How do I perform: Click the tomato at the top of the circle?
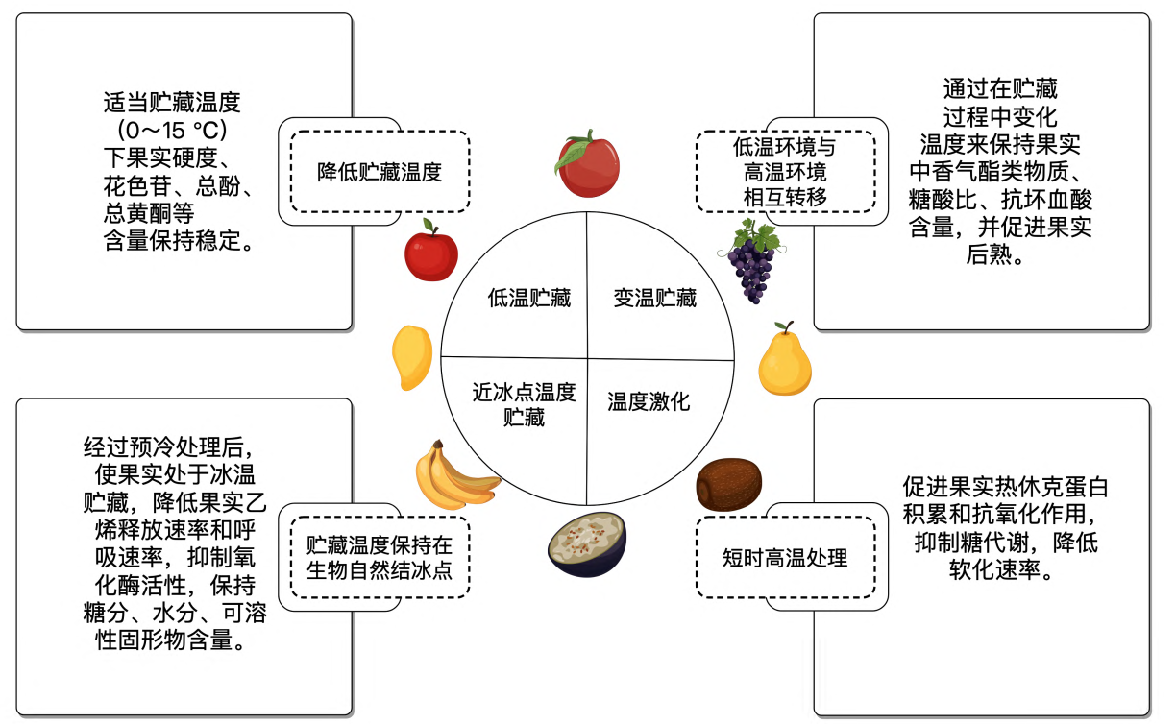point(587,164)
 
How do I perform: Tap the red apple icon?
point(430,253)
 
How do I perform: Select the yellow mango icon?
point(412,357)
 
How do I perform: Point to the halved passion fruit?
point(587,544)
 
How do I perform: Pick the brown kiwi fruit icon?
point(728,484)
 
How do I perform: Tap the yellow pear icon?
point(785,361)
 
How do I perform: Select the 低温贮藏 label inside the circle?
point(528,298)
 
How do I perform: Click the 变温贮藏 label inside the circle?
point(655,298)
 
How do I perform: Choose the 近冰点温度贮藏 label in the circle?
point(524,404)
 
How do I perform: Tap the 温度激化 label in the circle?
point(649,401)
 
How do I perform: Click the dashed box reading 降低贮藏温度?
point(380,172)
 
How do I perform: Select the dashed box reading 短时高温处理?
point(785,557)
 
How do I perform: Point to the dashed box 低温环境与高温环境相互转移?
point(785,172)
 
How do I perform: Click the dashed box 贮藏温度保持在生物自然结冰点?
point(380,557)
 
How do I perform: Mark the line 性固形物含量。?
point(169,640)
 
